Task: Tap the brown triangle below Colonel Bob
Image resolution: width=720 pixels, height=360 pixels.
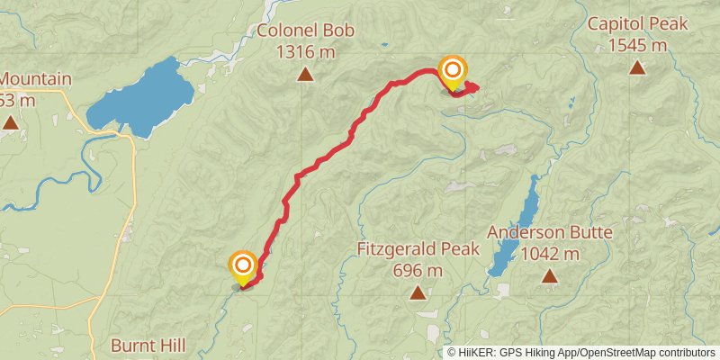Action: coord(306,76)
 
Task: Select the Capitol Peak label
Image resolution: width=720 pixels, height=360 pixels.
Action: coord(637,24)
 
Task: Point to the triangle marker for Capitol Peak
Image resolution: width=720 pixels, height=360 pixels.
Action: coord(637,67)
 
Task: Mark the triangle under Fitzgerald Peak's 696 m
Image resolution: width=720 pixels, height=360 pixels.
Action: coord(418,292)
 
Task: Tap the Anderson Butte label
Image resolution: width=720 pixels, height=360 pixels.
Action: coord(550,233)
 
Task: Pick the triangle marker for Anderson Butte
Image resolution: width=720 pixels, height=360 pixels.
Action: coord(550,276)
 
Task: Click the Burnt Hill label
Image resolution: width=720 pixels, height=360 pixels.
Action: coord(148,345)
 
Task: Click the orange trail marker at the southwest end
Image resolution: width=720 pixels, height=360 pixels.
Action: coord(243,265)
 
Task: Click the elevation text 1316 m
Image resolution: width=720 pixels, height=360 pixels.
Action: coord(306,51)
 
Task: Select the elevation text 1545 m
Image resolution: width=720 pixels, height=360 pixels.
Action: coord(637,45)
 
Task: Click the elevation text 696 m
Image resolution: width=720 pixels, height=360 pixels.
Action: coord(418,270)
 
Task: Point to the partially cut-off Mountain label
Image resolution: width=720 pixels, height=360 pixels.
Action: coord(36,79)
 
